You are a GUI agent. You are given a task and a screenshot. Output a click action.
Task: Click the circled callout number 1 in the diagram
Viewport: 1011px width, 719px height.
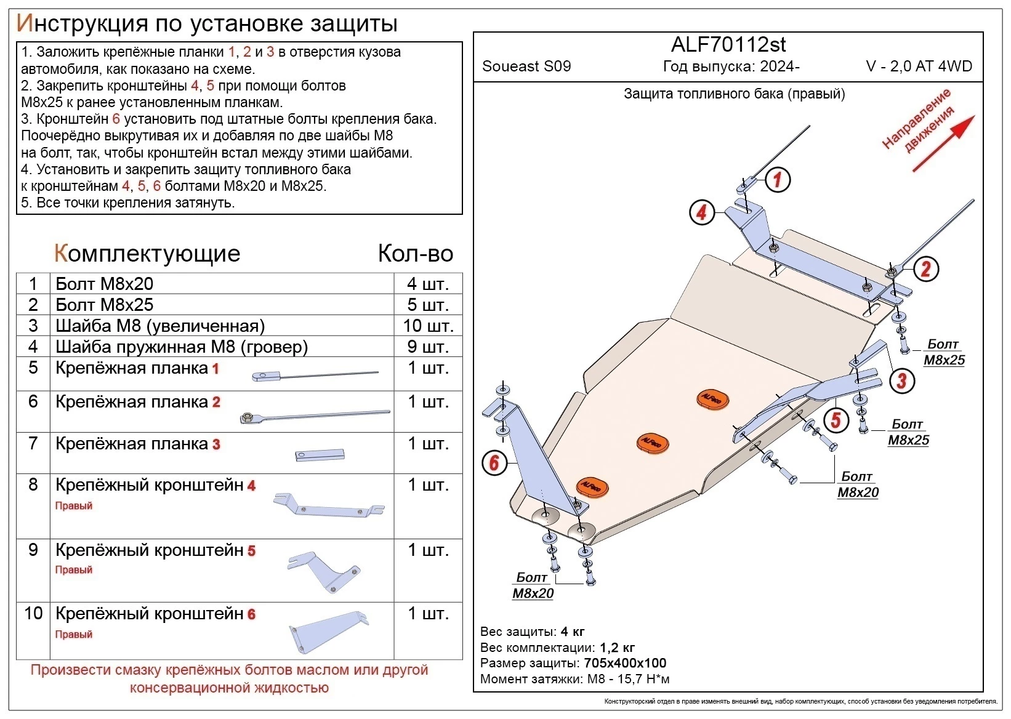coord(778,180)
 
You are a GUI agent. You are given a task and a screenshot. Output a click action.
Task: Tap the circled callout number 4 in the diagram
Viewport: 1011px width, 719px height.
coord(701,213)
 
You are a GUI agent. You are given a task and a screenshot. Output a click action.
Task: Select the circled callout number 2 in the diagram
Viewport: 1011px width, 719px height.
coord(925,268)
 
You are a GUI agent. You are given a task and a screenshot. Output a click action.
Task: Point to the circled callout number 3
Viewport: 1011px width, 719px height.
coord(902,380)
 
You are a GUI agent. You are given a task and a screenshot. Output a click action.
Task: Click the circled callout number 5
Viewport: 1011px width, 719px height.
coord(836,420)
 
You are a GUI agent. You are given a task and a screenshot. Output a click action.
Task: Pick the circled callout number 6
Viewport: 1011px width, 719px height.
coord(494,462)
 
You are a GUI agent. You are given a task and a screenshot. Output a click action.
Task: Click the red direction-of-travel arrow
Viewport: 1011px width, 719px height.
coord(943,143)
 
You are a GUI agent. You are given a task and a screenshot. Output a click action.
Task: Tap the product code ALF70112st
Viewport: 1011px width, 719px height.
coord(728,45)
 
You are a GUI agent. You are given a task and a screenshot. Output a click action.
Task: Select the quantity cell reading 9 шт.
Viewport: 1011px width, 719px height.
coord(428,347)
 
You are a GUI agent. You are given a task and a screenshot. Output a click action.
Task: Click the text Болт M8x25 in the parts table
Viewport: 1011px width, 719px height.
coord(104,305)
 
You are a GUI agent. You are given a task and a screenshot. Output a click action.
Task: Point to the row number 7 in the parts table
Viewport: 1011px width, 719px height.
coord(33,443)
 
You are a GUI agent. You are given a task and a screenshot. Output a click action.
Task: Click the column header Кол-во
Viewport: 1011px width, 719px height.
coord(415,254)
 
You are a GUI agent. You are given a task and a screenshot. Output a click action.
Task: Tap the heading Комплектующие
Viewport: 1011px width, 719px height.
coord(147,254)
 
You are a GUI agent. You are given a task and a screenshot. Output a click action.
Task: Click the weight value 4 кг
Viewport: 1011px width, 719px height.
coord(573,632)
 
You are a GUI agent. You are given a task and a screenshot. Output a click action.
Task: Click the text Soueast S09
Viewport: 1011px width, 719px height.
coord(526,66)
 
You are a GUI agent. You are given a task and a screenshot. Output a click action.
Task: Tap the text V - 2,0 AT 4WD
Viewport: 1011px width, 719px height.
coord(919,66)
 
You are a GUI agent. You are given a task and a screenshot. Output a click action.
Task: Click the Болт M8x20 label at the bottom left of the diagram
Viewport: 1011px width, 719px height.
coord(533,585)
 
